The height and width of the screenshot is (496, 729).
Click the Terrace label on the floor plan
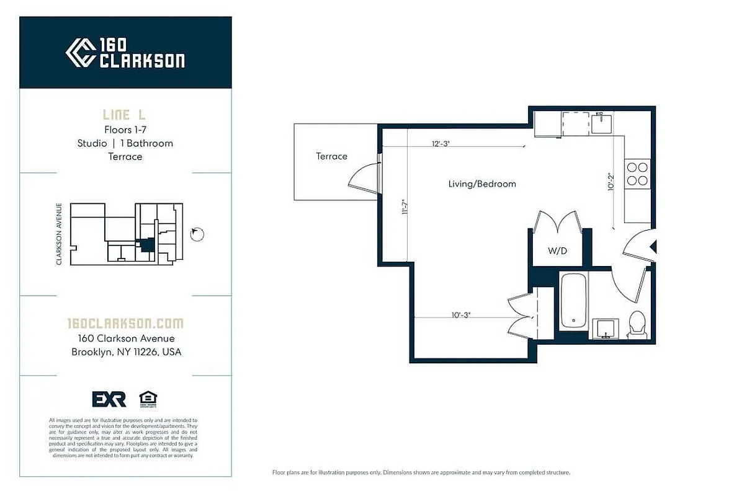[331, 156]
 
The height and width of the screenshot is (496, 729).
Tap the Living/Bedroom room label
[482, 184]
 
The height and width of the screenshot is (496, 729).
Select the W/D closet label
[557, 251]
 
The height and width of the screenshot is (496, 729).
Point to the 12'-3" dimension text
[441, 143]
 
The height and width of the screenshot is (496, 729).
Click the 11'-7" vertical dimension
[405, 206]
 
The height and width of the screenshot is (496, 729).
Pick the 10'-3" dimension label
[460, 315]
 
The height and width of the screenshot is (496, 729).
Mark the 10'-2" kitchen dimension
[610, 181]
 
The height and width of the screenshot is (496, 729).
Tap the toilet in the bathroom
[637, 324]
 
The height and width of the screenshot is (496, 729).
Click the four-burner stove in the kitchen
[637, 174]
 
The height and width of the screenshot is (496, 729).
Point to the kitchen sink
[601, 123]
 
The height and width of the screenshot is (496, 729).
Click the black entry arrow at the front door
[652, 248]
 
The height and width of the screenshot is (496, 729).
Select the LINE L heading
[125, 115]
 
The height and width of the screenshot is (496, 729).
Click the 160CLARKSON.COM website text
[125, 324]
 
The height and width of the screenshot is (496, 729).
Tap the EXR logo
[109, 399]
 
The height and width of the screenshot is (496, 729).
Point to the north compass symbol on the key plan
[197, 233]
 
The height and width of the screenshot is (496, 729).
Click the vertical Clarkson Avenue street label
[59, 234]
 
